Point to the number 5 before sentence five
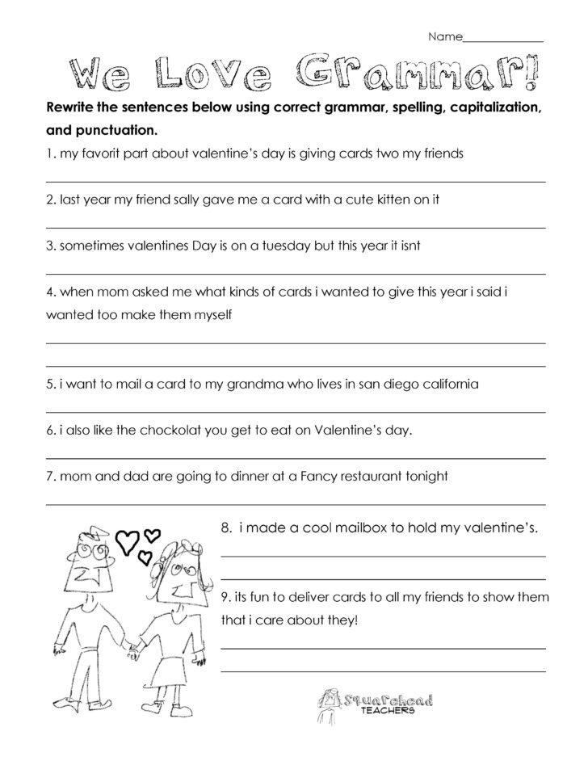point(50,385)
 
